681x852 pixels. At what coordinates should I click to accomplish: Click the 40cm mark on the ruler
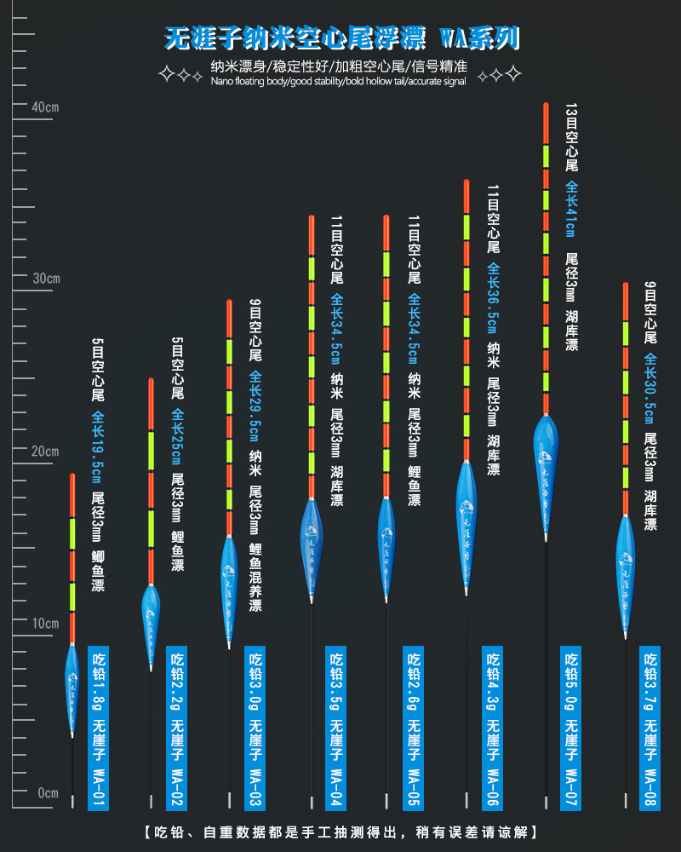(44, 107)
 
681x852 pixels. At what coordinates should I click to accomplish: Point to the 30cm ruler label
(44, 279)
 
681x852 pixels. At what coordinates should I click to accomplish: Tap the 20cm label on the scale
(44, 451)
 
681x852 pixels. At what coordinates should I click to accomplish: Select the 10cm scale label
(44, 623)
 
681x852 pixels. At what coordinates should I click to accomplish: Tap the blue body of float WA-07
(546, 452)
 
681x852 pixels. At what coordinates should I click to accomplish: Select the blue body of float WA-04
(312, 537)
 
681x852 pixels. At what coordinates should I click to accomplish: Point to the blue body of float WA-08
(626, 562)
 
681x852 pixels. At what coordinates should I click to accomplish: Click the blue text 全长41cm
(571, 210)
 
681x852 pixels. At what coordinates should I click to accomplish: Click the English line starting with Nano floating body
(338, 81)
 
